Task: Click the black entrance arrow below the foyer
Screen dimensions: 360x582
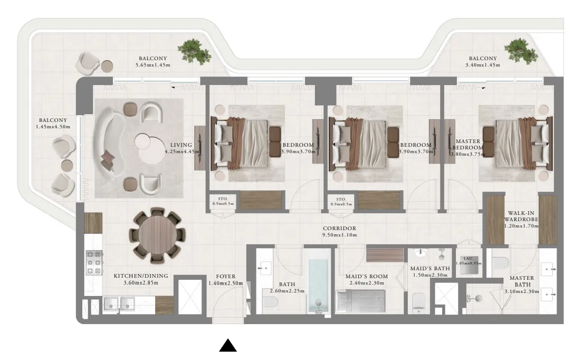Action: pos(228,346)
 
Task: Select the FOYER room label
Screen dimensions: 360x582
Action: pos(225,276)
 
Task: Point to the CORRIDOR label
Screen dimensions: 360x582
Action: pos(340,229)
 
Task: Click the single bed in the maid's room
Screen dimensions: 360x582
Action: pos(363,302)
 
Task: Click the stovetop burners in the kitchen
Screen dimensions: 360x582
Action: pos(93,262)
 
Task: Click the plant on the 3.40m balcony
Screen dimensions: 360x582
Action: pos(521,51)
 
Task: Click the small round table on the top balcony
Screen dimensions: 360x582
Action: pos(107,66)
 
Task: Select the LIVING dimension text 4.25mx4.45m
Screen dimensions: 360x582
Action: pos(183,152)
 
